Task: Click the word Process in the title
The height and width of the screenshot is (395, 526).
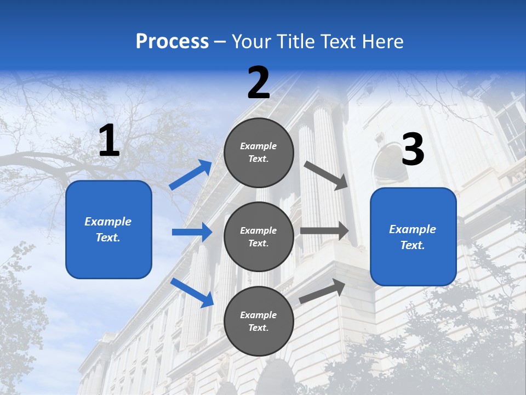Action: tap(172, 42)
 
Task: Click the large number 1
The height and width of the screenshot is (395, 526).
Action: tap(109, 141)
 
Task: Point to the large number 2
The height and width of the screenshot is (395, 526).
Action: tap(259, 83)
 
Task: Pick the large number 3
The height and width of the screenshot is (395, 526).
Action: tap(413, 150)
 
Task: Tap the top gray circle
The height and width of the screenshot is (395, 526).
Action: tap(259, 153)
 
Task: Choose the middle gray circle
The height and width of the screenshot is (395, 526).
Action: tap(259, 236)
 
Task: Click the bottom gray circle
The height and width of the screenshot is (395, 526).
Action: tap(259, 321)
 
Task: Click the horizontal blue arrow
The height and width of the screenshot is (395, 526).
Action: tap(192, 232)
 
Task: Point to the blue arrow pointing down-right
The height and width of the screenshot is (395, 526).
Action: tap(192, 292)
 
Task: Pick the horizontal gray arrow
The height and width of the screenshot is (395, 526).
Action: tap(324, 231)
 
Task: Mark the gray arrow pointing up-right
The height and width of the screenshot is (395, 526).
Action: tap(322, 291)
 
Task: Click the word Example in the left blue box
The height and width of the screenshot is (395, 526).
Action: tap(108, 222)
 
